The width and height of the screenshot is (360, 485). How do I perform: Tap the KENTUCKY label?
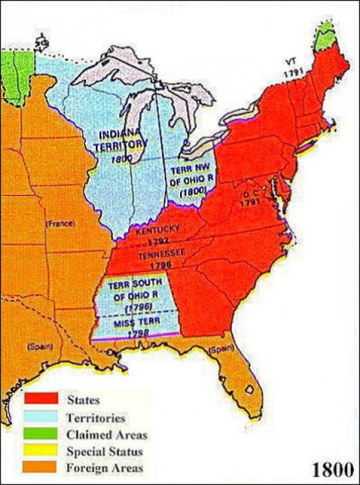[x=158, y=229]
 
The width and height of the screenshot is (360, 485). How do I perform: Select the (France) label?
[x=59, y=223]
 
